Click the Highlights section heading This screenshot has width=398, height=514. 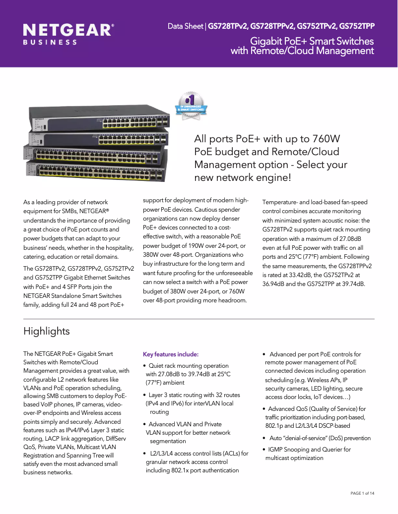point(47,331)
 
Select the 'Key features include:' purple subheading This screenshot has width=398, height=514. point(171,354)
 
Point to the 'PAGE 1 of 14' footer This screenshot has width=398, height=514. point(362,493)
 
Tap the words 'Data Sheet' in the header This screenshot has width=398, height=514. point(185,26)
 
